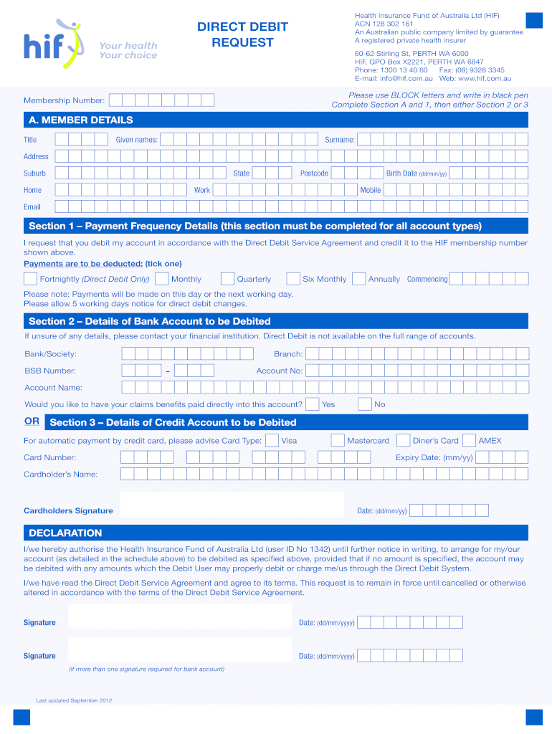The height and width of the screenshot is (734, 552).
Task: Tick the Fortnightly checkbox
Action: click(x=31, y=279)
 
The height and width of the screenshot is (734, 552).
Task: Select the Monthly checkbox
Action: click(x=162, y=279)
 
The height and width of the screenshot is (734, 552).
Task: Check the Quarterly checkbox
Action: click(x=227, y=279)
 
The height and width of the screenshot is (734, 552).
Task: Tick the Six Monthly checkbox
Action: click(x=292, y=279)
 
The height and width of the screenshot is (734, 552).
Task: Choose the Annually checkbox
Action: click(x=358, y=279)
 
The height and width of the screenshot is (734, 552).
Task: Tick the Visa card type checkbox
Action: click(x=272, y=440)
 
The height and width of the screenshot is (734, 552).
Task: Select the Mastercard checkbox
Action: click(x=338, y=440)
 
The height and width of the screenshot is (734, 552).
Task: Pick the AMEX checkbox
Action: click(x=469, y=440)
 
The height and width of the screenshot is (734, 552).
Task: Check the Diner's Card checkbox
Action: click(x=403, y=440)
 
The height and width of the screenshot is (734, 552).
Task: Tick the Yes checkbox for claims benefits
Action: click(x=313, y=404)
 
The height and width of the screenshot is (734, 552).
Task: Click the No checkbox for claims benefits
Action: click(x=365, y=404)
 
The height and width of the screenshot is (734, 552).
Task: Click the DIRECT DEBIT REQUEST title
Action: click(x=242, y=34)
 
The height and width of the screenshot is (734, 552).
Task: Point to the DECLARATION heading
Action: click(x=65, y=533)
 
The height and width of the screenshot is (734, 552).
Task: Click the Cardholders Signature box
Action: click(x=232, y=504)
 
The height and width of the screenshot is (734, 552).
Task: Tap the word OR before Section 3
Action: click(x=32, y=421)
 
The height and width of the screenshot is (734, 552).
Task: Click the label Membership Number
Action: click(x=64, y=101)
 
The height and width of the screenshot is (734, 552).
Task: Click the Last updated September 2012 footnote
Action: click(x=75, y=700)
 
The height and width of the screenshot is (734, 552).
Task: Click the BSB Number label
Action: click(x=50, y=371)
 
